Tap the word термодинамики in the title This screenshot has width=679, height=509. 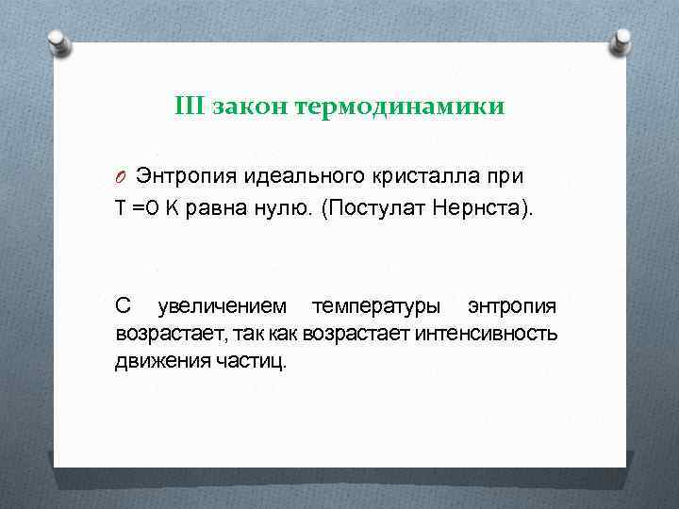400,107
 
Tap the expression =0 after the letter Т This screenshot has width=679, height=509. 145,208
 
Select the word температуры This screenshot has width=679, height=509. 376,306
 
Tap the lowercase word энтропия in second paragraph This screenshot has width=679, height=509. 511,306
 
